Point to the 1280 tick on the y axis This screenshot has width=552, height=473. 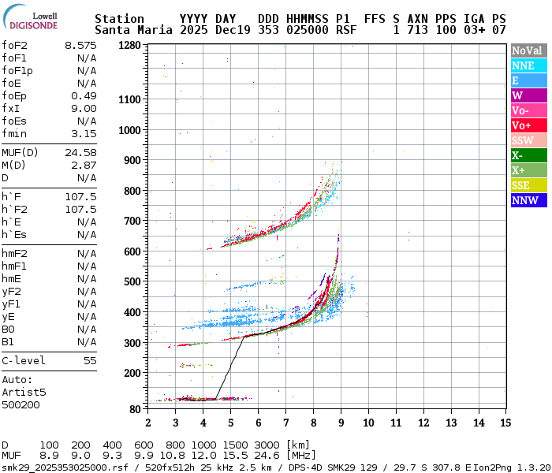coord(129,46)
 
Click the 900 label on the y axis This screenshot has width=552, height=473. coord(132,160)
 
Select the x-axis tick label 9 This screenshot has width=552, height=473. coord(341,423)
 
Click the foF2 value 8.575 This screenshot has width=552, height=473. coord(80,46)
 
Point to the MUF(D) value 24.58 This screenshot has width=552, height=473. coord(80,152)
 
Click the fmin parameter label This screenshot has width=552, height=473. coord(14,133)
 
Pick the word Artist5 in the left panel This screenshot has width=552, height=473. coord(24,391)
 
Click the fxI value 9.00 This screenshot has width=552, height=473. coord(84,108)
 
